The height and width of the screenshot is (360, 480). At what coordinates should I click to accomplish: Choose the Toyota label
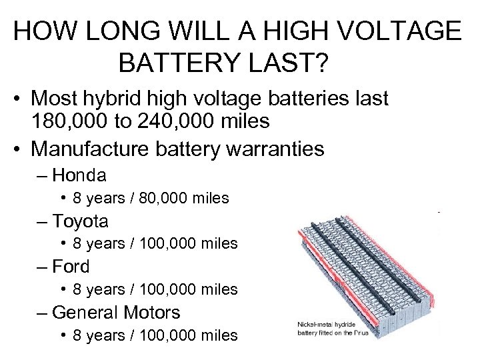[x=81, y=221]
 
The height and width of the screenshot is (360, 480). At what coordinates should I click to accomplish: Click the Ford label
[x=71, y=266]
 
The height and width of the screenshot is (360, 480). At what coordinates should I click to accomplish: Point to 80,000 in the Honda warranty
[x=158, y=198]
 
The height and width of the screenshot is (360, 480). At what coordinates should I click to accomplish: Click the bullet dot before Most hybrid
[x=21, y=99]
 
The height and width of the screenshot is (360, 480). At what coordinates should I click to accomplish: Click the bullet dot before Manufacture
[x=21, y=148]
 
